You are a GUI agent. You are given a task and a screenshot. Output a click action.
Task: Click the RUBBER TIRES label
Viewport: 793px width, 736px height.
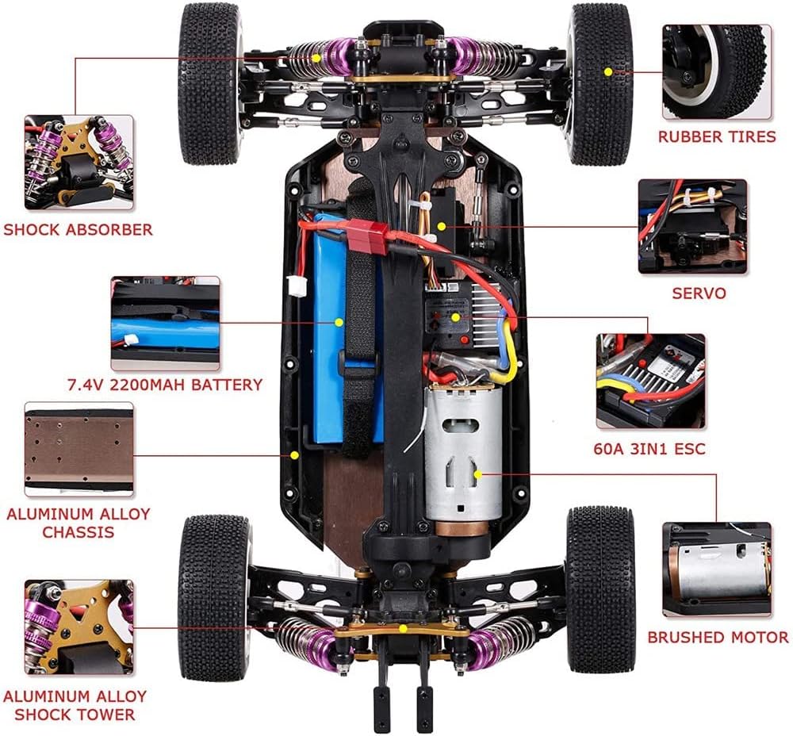(717, 136)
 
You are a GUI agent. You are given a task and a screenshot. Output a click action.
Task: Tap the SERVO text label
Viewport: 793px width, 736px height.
(699, 293)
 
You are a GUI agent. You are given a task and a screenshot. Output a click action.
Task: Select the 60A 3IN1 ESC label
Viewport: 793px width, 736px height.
(649, 449)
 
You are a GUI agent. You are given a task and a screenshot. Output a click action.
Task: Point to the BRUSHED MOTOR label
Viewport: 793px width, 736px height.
(718, 637)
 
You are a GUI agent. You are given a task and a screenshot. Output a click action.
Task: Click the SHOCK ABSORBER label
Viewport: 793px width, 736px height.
(78, 230)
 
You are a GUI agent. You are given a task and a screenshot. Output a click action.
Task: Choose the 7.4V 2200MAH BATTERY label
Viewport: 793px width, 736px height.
(165, 385)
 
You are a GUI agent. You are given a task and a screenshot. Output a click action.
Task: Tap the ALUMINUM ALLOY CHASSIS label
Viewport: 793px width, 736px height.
(79, 523)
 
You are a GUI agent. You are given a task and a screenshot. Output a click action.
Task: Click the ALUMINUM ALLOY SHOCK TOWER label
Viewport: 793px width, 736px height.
(75, 705)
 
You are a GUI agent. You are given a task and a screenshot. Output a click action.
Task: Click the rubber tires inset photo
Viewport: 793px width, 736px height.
(717, 72)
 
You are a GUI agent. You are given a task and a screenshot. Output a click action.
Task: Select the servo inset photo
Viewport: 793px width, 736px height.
(692, 227)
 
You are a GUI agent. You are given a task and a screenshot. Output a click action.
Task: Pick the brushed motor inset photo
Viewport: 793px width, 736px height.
(717, 570)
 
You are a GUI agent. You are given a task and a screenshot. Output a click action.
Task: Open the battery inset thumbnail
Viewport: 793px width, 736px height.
(166, 324)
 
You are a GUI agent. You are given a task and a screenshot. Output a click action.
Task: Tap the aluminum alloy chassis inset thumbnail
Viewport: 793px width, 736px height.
(79, 449)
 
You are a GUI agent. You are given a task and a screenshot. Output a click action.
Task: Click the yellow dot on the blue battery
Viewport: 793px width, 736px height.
(339, 322)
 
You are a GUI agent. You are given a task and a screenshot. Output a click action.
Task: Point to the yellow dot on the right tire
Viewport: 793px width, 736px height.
(608, 72)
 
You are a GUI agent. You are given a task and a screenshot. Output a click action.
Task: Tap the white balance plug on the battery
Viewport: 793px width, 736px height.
(295, 286)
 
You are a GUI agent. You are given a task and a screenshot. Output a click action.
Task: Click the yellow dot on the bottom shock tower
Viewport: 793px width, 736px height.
(403, 629)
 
